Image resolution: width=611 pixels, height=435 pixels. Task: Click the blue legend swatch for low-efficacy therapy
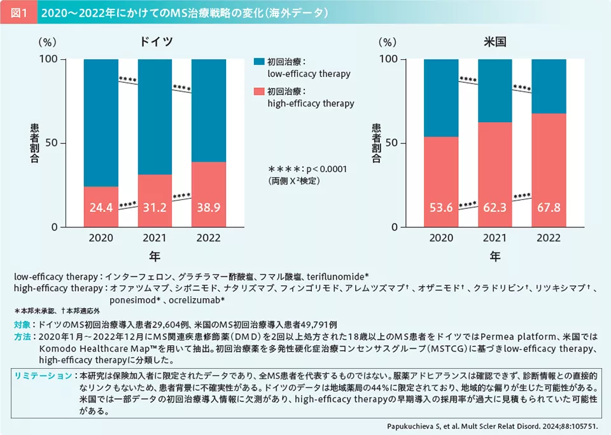pos(258,62)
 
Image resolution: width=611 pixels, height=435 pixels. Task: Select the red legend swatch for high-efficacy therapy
pos(258,92)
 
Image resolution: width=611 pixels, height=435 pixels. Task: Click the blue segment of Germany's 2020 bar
pos(101,121)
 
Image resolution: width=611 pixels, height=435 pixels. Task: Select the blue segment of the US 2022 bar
pos(549,86)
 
